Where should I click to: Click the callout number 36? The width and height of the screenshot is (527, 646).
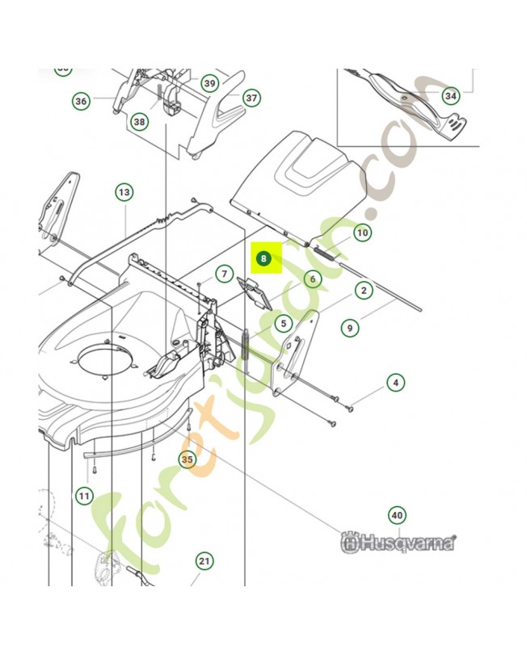pos(81,101)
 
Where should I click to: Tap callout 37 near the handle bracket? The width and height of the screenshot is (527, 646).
pos(251,99)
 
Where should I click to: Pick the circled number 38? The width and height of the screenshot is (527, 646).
pos(140,122)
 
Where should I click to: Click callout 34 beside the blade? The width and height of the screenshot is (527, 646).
pos(451,97)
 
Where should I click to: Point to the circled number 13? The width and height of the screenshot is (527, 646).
pos(124,193)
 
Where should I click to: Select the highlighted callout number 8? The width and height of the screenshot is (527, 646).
pos(264,259)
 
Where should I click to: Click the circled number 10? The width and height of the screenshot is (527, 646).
pos(363,233)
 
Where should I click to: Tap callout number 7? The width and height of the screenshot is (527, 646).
pos(224,275)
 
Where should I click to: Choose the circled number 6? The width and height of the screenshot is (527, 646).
pos(312,279)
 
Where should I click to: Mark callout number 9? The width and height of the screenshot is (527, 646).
pos(349,328)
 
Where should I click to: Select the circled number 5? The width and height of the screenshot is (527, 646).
pos(282,324)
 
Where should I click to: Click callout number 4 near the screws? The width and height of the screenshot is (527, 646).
pos(395,383)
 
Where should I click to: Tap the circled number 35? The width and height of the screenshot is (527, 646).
pos(188,459)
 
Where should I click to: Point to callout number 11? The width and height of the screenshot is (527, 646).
pos(84,495)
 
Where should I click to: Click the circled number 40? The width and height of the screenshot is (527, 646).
pos(396,514)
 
